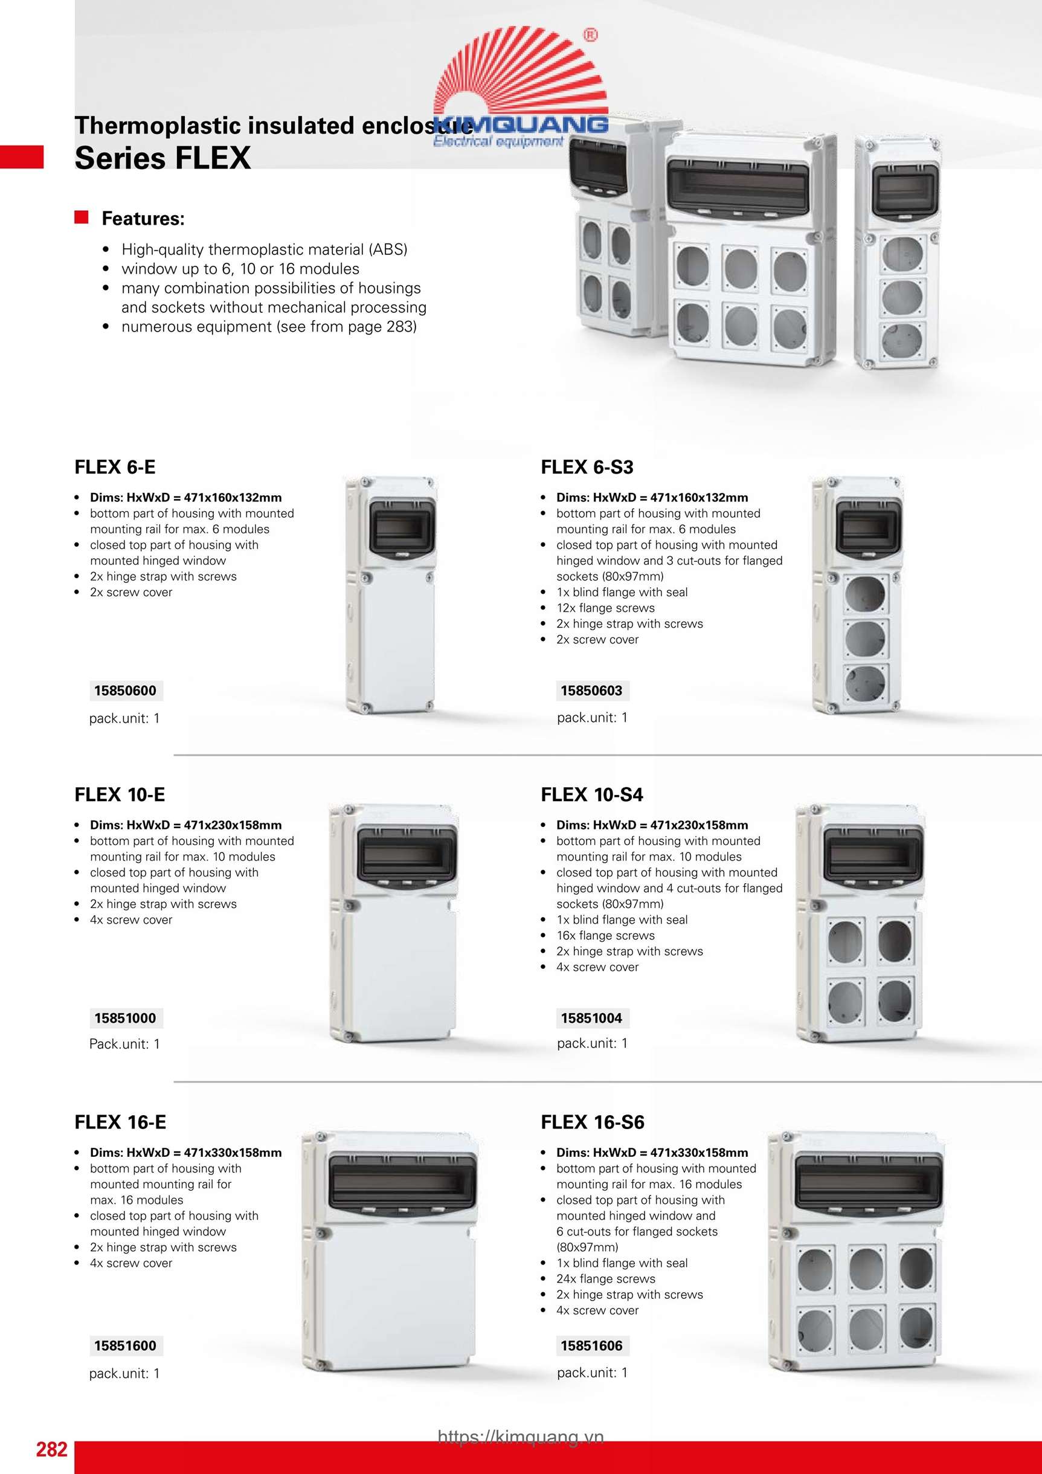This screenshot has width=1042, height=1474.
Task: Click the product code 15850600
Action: tap(125, 690)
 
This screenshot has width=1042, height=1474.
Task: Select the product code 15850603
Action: tap(591, 690)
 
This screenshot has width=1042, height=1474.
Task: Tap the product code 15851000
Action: tap(125, 1018)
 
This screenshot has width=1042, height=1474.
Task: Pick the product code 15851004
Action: tap(591, 1018)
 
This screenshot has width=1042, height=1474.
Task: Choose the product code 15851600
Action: tap(125, 1345)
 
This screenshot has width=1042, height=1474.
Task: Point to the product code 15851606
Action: tap(591, 1345)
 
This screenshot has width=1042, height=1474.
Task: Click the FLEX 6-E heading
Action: tap(115, 468)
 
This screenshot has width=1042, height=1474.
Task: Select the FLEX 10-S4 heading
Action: tap(591, 795)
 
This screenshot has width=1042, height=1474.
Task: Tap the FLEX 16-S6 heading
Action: tap(592, 1122)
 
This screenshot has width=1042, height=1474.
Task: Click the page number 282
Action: tap(51, 1450)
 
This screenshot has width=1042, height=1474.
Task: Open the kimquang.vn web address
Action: tap(521, 1437)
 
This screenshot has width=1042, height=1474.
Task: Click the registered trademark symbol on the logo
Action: tap(590, 35)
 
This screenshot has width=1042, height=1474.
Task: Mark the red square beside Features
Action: tap(82, 217)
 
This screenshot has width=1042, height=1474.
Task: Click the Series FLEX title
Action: tap(162, 158)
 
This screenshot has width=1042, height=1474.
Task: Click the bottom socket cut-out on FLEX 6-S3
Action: tap(865, 683)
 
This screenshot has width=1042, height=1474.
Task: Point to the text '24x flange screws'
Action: tap(605, 1279)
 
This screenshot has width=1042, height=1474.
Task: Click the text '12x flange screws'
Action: tap(605, 608)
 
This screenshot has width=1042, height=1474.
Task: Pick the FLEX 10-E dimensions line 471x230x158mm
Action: tap(185, 825)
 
